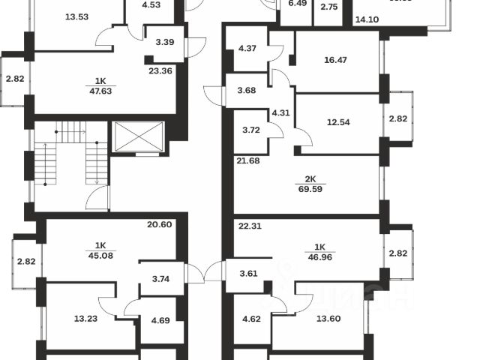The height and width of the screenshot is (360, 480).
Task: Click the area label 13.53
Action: pos(77,17)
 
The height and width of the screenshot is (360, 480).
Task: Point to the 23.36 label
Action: pos(160,72)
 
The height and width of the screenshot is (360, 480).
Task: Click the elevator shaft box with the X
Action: pos(137,137)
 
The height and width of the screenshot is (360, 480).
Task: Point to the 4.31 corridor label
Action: pos(280,112)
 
